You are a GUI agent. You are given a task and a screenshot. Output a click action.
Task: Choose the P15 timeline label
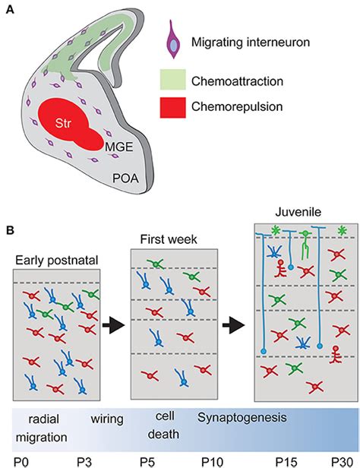[283, 460]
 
